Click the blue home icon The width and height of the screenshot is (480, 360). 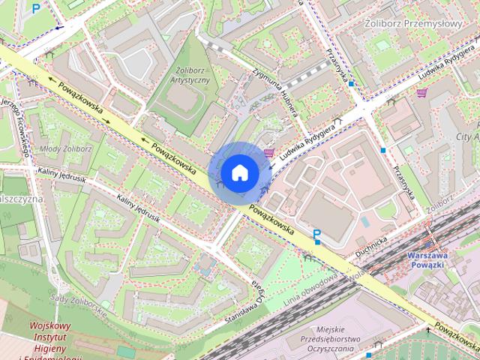pos(240,172)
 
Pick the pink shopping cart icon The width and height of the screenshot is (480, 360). pos(268,153)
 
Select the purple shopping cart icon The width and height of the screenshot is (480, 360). pos(422,94)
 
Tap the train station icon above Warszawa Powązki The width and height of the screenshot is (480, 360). pos(430,244)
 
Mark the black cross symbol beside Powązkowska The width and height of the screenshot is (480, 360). pos(429,329)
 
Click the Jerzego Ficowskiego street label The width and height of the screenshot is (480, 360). pos(20,125)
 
